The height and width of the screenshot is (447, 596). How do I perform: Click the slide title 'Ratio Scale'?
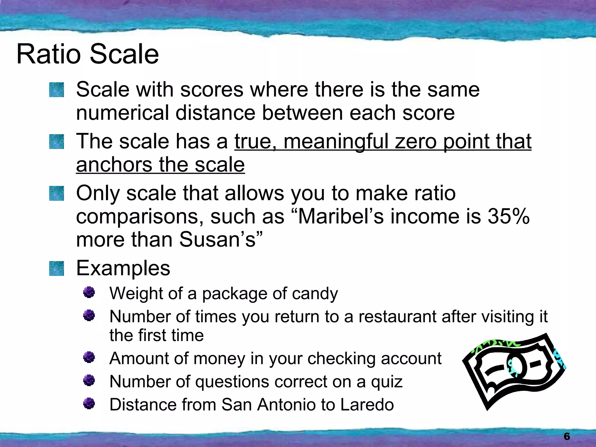point(88,54)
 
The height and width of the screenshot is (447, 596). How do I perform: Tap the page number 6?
point(567,436)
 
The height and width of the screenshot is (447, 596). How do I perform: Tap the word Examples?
point(123,268)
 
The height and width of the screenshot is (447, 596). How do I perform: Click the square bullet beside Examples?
point(56,268)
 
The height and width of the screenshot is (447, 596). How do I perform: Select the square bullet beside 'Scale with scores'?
point(56,90)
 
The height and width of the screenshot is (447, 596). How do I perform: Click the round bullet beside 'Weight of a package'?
point(89,292)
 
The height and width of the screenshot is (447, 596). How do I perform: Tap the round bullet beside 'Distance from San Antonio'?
point(89,404)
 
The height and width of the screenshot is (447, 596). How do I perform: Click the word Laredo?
point(367,405)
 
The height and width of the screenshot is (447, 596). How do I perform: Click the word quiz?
point(387,382)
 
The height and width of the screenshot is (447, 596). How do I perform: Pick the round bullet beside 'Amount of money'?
point(89,357)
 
